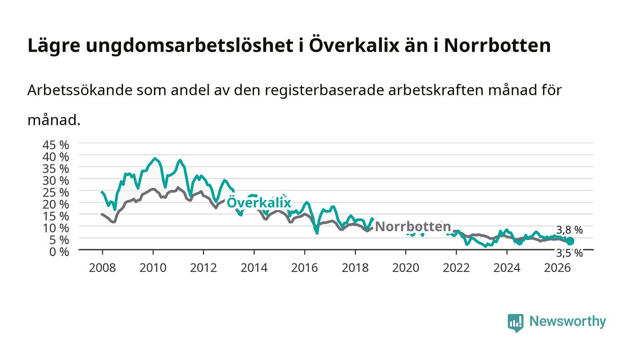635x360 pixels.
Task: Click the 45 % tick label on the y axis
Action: (55, 145)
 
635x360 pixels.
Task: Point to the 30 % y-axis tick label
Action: (55, 180)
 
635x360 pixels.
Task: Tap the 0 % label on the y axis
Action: (59, 252)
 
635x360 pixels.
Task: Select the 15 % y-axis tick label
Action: (55, 216)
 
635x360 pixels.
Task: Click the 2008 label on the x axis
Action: (103, 268)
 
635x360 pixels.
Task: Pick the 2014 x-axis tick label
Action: (254, 268)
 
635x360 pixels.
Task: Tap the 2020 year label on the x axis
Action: (405, 268)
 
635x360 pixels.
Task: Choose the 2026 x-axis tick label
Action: (557, 268)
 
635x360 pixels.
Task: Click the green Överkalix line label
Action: (259, 202)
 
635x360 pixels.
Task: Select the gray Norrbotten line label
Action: (413, 227)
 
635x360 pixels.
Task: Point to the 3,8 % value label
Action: (569, 230)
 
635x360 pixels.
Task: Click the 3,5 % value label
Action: (569, 253)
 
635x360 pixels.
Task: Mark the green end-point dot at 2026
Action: (570, 241)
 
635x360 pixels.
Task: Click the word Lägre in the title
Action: (54, 46)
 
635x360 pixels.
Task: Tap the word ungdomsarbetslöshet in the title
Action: (190, 46)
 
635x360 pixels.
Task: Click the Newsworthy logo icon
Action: (516, 323)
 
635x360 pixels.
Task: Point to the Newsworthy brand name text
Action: (567, 321)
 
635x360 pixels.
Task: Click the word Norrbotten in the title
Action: (497, 45)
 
